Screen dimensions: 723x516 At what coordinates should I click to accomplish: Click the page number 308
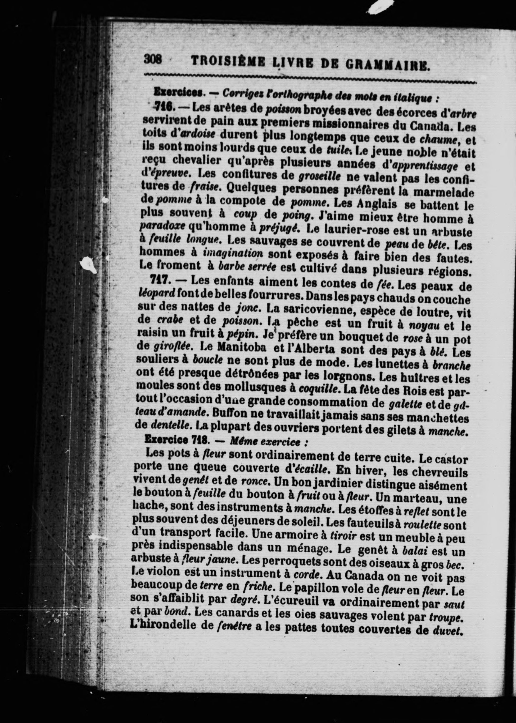153,59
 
